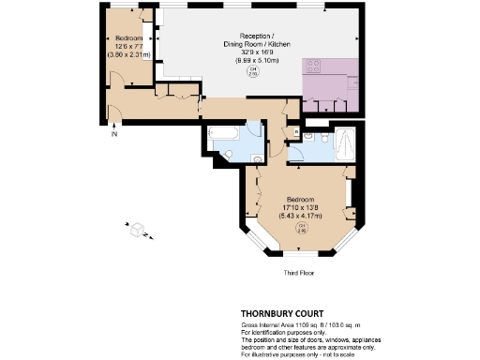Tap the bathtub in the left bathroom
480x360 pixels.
pyautogui.click(x=224, y=132)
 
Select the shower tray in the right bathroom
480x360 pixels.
pyautogui.click(x=344, y=144)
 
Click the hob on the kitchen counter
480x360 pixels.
pyautogui.click(x=312, y=68)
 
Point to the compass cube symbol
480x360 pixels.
pyautogui.click(x=137, y=229)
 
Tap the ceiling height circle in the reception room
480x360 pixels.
pyautogui.click(x=251, y=71)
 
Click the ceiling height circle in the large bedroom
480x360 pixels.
pyautogui.click(x=302, y=226)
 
